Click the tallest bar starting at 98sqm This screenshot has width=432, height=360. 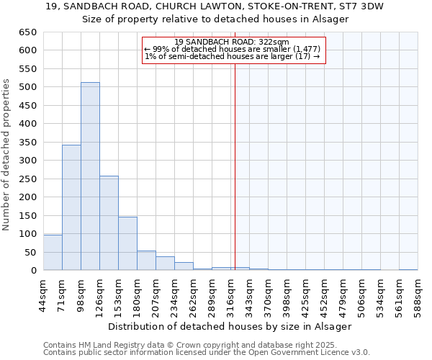90,176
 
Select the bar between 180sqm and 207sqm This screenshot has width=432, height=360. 146,261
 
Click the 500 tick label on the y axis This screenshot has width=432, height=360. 28,87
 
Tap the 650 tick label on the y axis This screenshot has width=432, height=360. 28,32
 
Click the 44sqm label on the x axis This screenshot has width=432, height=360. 43,293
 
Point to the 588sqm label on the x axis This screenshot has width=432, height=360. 418,293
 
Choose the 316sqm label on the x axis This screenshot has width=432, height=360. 230,293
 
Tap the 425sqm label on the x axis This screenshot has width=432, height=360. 305,293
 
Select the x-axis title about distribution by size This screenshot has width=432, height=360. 230,326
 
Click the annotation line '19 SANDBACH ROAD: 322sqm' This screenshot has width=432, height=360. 232,42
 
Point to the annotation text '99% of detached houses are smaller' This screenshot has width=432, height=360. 233,49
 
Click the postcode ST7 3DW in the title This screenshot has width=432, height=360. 364,6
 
